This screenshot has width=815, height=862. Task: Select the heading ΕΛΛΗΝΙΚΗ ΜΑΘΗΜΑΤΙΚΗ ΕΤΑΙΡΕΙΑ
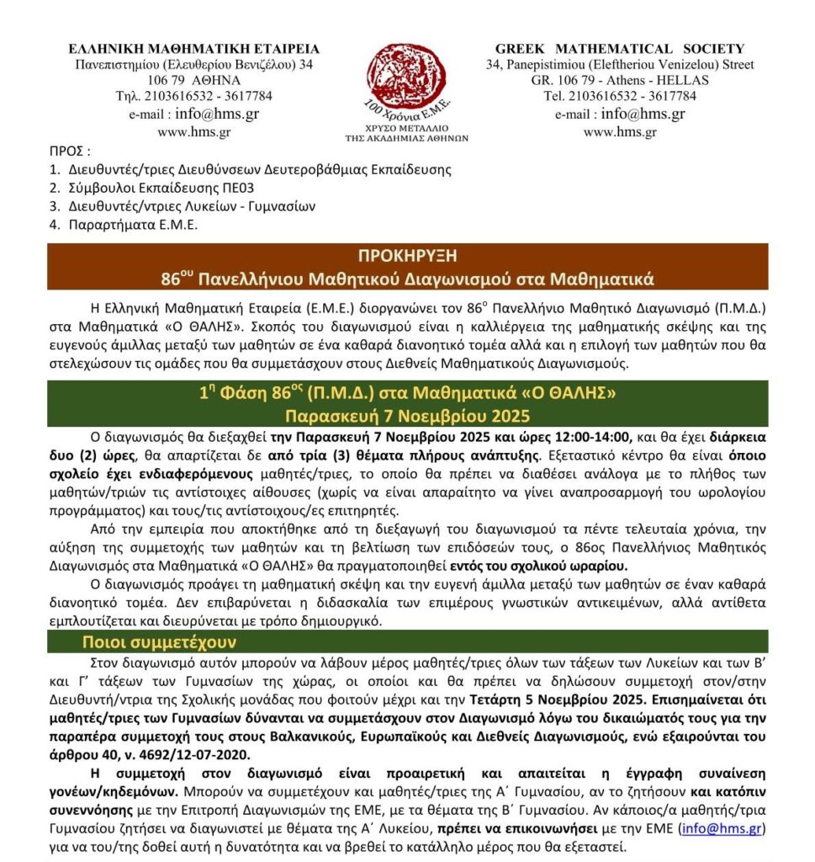click(x=194, y=49)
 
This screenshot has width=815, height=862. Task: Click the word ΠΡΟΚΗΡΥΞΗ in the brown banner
click(x=407, y=256)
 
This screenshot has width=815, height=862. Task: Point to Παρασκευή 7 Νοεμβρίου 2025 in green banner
click(x=407, y=415)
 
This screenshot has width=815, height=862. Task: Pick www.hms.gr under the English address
click(x=620, y=131)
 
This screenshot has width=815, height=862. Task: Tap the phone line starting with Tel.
click(x=620, y=95)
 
